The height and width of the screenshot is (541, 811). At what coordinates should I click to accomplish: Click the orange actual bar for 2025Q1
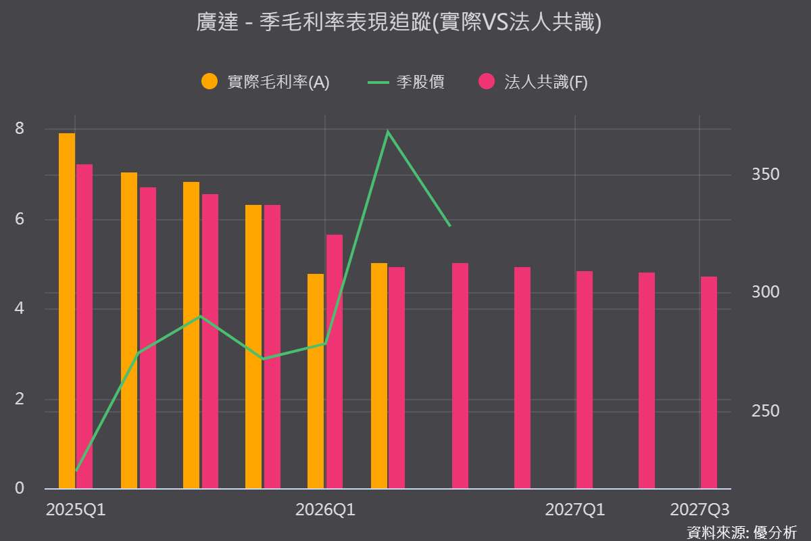pos(67,311)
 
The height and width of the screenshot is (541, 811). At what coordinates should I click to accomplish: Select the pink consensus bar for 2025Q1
pos(84,327)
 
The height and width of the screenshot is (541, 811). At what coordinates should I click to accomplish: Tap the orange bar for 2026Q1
pos(316,381)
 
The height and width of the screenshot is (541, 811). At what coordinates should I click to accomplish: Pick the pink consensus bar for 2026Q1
pos(334,362)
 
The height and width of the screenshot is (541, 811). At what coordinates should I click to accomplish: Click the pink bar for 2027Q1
pos(585,380)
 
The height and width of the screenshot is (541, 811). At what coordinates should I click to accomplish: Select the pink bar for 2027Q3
pos(708,383)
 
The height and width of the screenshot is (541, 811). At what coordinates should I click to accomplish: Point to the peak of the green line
pos(388,131)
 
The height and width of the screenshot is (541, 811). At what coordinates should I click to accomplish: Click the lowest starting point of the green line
pos(76,471)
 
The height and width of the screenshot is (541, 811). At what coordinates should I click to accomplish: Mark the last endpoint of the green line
pos(450,226)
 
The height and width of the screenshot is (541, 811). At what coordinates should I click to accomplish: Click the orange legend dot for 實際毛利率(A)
pos(210,81)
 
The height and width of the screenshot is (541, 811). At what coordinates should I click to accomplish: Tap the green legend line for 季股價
pos(378,83)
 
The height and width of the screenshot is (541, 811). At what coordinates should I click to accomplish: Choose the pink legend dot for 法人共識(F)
pos(487,81)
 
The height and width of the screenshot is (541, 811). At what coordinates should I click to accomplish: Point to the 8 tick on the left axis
pos(20,128)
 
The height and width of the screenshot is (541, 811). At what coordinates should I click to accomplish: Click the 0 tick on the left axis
pos(20,488)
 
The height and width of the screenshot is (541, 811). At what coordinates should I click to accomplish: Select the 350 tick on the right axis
pos(765,174)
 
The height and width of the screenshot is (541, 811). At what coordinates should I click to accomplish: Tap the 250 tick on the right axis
pos(765,411)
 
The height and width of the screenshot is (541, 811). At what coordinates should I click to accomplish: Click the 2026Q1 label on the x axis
pos(325,510)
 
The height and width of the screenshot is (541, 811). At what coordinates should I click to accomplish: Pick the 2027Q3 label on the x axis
pos(699,510)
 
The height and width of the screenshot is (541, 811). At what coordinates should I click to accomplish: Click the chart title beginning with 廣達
pos(399,22)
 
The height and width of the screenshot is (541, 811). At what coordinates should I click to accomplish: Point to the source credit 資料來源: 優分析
pos(742,533)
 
